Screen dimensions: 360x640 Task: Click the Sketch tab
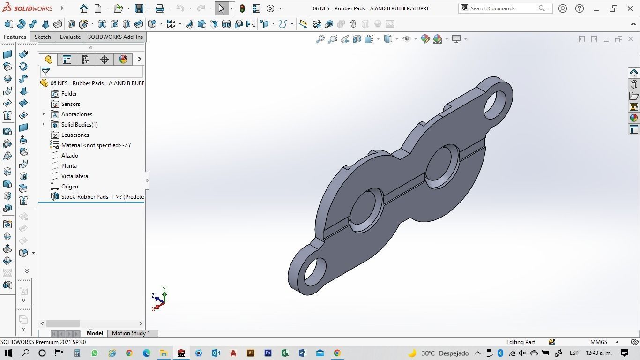43,37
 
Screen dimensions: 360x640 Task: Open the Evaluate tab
70,37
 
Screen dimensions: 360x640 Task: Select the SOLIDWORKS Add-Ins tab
115,37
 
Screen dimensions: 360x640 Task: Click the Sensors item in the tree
70,104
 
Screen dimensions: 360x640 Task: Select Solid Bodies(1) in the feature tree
79,125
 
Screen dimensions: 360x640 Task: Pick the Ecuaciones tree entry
75,135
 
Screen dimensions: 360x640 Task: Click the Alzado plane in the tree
69,156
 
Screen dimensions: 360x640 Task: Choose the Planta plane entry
69,166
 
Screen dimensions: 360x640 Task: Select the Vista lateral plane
75,176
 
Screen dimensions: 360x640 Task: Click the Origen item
69,187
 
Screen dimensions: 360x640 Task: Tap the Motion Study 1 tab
131,333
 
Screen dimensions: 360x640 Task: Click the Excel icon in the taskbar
285,353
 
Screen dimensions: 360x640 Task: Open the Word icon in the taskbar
302,353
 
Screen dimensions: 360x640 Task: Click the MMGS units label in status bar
599,342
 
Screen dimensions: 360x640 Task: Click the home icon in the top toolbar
83,8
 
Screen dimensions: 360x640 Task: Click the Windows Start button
8,353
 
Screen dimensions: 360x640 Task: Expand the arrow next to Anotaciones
44,114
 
